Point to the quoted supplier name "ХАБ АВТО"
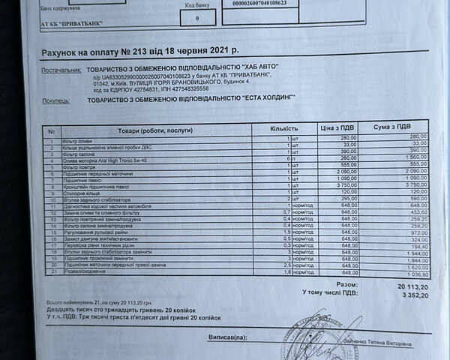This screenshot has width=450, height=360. coord(254,67)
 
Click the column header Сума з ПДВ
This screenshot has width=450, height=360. coord(391,127)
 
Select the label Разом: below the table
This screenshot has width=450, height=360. coord(346,284)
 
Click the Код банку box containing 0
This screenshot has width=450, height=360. coord(196,16)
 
